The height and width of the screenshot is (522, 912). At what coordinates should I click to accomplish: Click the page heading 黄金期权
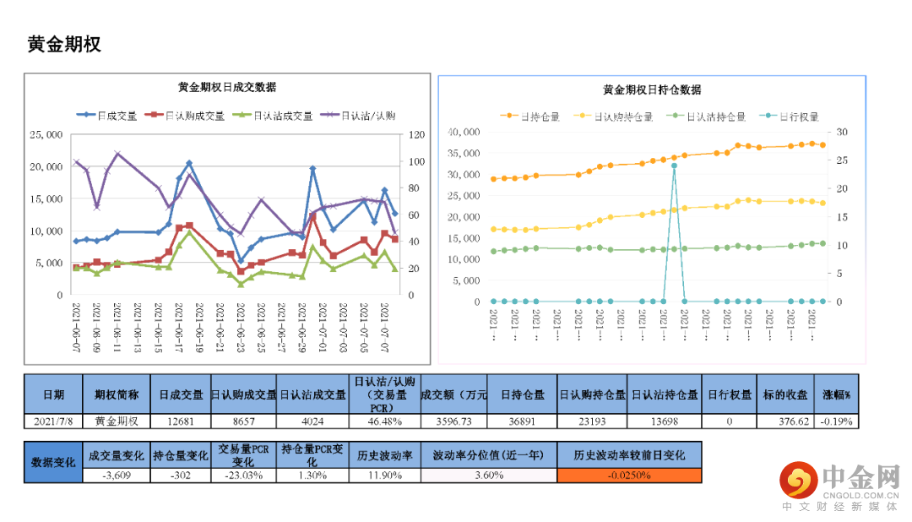[64, 45]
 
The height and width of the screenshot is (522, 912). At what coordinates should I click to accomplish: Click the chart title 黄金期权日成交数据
[227, 87]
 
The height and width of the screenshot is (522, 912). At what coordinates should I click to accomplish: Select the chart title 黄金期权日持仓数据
[652, 90]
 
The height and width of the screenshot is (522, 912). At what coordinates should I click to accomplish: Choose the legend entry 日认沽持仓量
[715, 117]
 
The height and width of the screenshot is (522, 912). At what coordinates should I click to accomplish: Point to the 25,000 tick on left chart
[46, 134]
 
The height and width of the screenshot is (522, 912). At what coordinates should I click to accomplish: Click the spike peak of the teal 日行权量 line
[674, 166]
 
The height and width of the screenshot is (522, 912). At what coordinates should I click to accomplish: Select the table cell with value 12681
[181, 421]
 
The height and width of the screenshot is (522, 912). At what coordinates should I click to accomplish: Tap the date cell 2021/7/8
[52, 421]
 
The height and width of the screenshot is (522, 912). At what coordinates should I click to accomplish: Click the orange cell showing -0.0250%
[629, 475]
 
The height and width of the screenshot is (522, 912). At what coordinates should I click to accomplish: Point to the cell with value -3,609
[116, 475]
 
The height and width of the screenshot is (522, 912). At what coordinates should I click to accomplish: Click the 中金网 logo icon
[795, 481]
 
